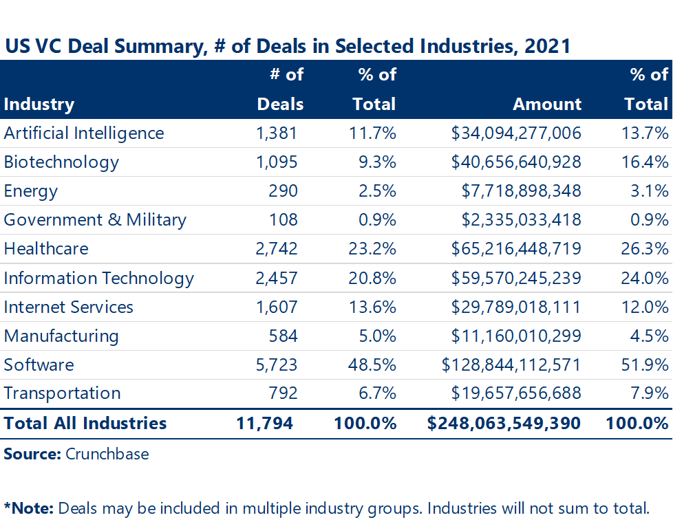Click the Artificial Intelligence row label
84,133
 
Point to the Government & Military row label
95,220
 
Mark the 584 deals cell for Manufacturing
284,336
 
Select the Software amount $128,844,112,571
512,365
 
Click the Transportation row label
62,393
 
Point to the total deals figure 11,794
264,423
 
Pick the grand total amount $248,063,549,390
504,423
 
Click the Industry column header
39,105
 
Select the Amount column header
547,105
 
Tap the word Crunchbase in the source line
107,454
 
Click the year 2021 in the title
547,46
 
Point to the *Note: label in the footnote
29,509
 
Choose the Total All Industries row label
85,423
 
